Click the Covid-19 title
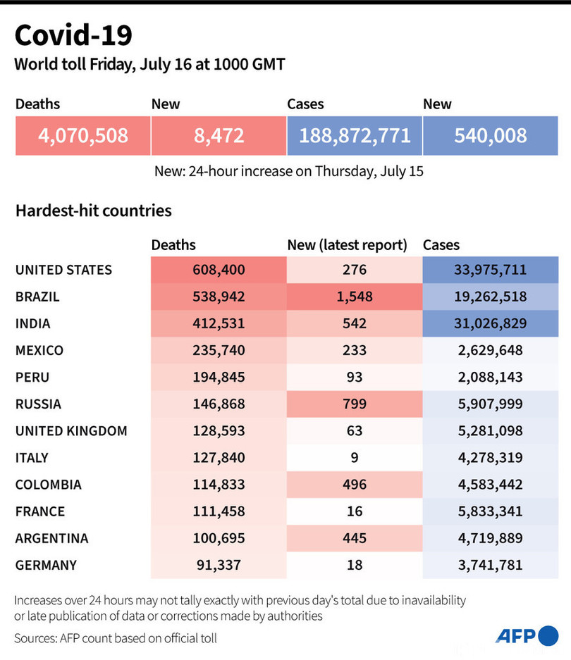tap(73, 35)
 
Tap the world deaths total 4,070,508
tap(83, 135)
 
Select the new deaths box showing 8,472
tap(219, 135)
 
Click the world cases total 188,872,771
tap(355, 135)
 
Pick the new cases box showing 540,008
tap(490, 135)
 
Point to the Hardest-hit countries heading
tap(93, 210)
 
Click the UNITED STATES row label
tap(63, 270)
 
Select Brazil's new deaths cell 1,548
tap(354, 297)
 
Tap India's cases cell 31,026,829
tap(490, 323)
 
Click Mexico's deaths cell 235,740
tap(219, 350)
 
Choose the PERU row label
tap(32, 377)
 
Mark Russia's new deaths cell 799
tap(354, 404)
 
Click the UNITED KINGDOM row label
tap(71, 431)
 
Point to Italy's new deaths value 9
tap(354, 458)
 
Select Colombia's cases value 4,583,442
tap(490, 485)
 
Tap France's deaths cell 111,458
tap(219, 511)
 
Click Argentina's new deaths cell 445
tap(354, 538)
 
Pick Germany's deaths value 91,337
tap(219, 565)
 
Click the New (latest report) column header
tap(347, 245)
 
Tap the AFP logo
tap(527, 635)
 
